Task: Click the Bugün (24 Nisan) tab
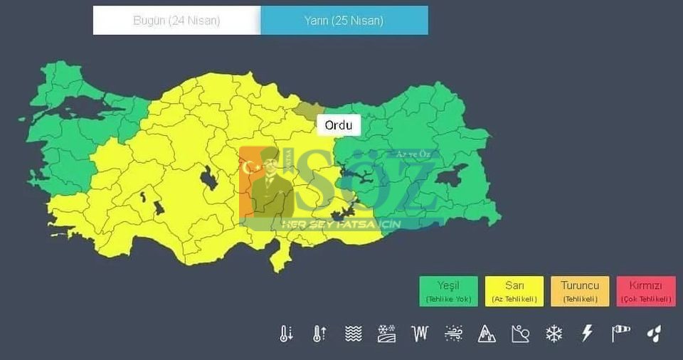(176, 21)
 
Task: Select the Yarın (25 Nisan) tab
(344, 21)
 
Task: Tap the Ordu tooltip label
(339, 125)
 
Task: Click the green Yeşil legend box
(448, 291)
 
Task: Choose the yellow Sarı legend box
(514, 291)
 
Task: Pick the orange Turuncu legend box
(580, 291)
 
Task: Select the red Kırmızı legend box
(646, 291)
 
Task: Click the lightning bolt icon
(587, 333)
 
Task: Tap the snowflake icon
(554, 333)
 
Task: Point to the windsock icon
(620, 333)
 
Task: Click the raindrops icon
(654, 333)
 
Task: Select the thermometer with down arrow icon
(286, 333)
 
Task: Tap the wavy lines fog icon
(353, 333)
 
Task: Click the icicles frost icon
(420, 333)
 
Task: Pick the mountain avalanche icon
(487, 333)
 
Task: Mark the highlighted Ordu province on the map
(308, 110)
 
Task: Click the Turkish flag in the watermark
(251, 168)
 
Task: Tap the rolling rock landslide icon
(520, 333)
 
